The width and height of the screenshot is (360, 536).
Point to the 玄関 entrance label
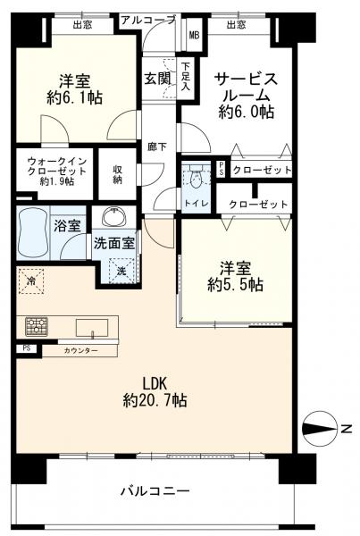click(x=157, y=78)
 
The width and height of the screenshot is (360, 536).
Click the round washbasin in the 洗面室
click(x=113, y=219)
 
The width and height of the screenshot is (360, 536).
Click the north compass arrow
click(x=319, y=429)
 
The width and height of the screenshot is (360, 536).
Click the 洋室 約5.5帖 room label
click(x=236, y=276)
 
